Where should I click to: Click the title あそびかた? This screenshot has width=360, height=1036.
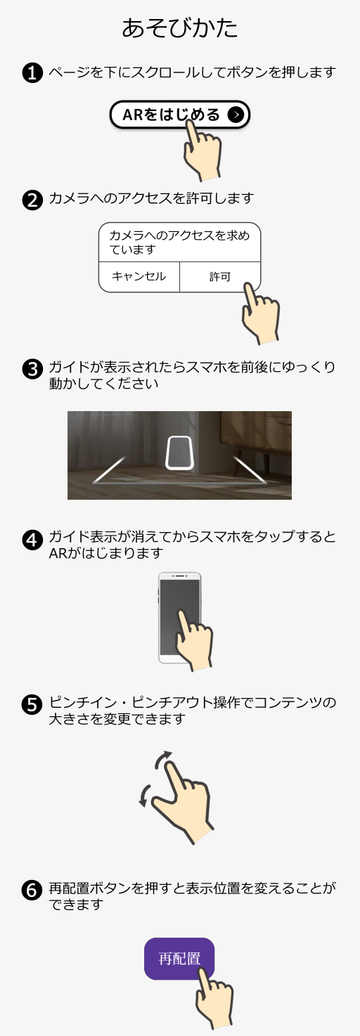(x=179, y=28)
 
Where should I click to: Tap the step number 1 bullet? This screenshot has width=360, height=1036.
(x=32, y=73)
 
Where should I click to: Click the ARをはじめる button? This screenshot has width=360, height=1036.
(x=179, y=115)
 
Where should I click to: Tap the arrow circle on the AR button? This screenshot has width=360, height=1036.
(x=236, y=115)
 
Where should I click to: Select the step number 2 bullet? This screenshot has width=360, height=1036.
(x=32, y=200)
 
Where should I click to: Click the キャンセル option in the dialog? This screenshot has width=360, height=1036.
(x=139, y=277)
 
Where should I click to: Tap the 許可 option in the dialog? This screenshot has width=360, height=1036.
(x=220, y=277)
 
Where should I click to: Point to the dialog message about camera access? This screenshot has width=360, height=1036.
(x=179, y=242)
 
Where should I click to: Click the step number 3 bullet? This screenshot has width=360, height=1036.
(x=32, y=369)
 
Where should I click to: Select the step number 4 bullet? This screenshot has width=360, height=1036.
(x=32, y=539)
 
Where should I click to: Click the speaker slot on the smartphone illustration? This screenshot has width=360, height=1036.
(x=180, y=576)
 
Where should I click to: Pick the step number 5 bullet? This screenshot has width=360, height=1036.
(x=32, y=705)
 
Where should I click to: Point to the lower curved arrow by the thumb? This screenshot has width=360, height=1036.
(x=144, y=795)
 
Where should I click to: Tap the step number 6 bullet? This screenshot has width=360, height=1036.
(x=32, y=891)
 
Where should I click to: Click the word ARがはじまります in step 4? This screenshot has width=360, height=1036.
(x=106, y=553)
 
